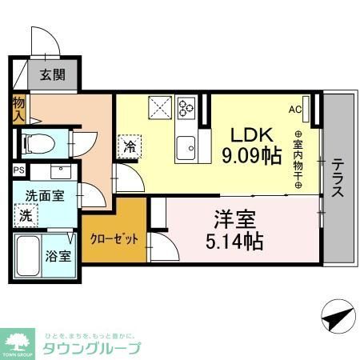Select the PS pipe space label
[x=18, y=170]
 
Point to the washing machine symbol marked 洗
[x=26, y=214]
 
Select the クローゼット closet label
[x=108, y=239]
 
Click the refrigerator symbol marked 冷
[x=129, y=147]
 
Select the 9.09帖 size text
[x=254, y=154]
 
